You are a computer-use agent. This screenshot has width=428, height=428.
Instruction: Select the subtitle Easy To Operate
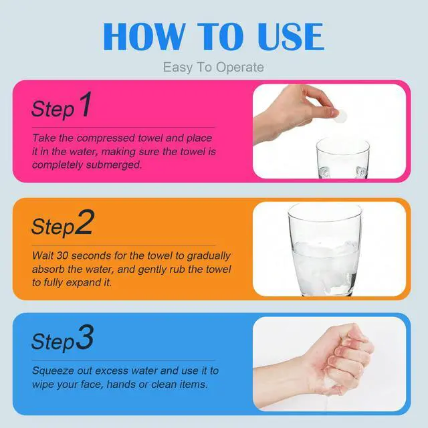213,68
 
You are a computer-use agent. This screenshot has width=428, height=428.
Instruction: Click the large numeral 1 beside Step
86,104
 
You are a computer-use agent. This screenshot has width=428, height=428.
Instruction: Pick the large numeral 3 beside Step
85,337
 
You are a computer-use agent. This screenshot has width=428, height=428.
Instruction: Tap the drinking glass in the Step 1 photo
343,158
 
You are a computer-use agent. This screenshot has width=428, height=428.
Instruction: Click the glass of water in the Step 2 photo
325,249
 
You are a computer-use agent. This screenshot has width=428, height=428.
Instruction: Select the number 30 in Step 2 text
62,255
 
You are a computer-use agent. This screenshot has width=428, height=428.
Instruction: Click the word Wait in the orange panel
43,255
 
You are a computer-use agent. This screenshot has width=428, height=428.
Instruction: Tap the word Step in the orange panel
53,227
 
